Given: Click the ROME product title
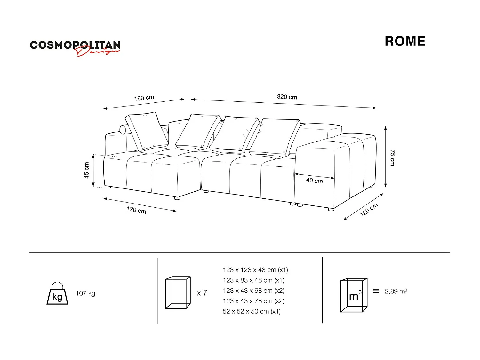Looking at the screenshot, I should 405,41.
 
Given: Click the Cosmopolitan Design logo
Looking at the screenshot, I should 75,47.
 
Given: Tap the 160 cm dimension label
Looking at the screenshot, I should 144,98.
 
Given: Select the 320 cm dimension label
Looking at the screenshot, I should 287,97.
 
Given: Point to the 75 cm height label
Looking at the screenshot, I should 392,157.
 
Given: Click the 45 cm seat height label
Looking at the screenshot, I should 87,170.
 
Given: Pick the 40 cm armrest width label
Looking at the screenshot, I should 314,181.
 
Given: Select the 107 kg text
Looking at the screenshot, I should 85,293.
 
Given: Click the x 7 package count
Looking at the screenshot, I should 202,293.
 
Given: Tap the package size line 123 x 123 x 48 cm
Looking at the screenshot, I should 255,270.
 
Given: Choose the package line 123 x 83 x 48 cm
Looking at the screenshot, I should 253,280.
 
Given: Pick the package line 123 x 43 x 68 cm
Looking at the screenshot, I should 253,291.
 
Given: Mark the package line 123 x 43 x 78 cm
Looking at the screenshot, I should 253,301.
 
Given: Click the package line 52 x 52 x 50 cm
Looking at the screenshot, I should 252,311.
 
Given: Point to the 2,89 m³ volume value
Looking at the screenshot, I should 396,291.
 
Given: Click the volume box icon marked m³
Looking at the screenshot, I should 354,295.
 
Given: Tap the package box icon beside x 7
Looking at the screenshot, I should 178,292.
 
